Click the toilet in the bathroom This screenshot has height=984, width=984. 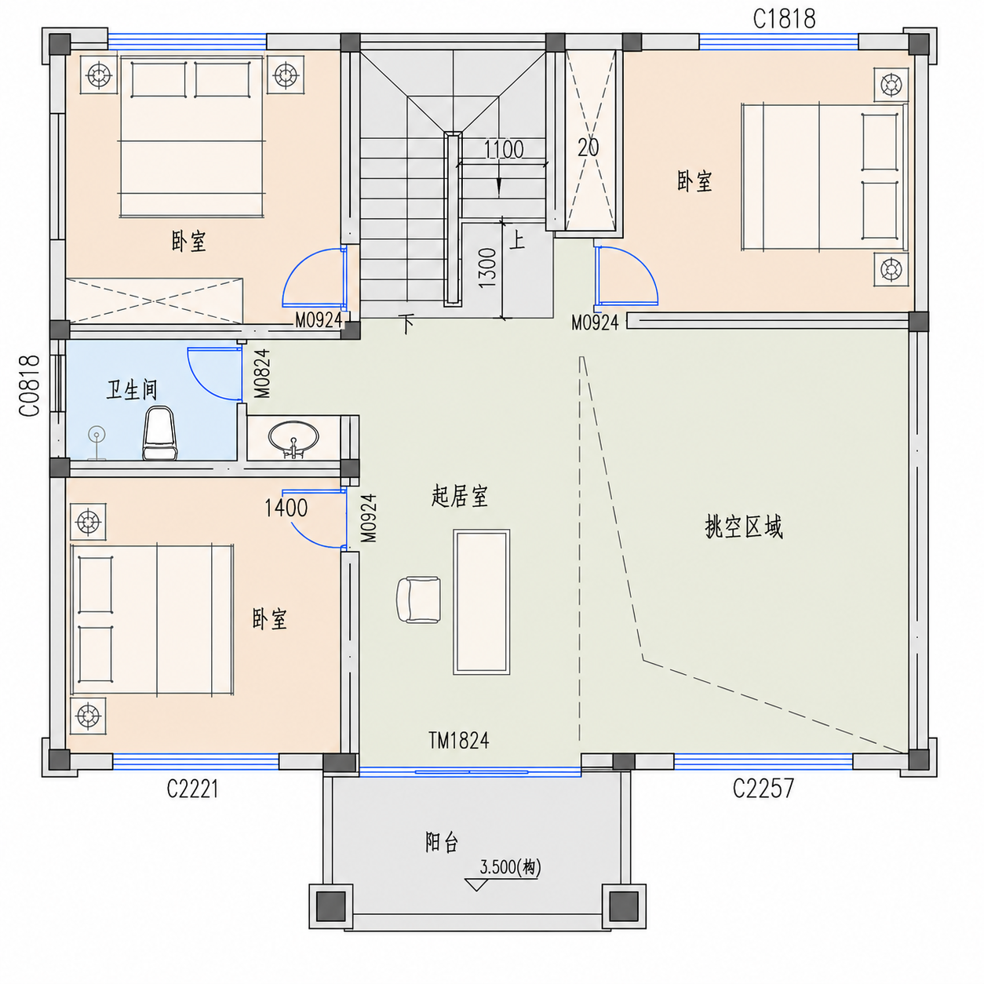(160, 432)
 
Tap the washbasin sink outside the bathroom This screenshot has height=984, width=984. (293, 439)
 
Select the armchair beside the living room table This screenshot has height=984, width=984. (418, 600)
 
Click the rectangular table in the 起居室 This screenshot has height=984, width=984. (481, 602)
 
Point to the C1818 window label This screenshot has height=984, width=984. (784, 20)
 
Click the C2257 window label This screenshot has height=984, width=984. (763, 788)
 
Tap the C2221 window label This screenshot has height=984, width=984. (192, 789)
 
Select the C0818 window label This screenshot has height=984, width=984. (30, 385)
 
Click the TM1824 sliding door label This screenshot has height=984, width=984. (458, 741)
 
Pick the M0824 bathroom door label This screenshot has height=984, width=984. (262, 373)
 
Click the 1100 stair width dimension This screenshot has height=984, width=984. (504, 150)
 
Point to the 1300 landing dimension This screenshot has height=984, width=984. (487, 268)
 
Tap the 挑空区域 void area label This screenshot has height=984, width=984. (743, 527)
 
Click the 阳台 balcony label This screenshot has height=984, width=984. (442, 842)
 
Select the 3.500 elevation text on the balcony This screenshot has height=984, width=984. (510, 867)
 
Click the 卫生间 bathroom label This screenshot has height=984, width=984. (132, 390)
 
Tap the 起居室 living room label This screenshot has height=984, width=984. (460, 496)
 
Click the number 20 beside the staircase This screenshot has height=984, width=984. (589, 148)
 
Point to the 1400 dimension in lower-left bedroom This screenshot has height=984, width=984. (286, 508)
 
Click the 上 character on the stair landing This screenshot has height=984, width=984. (517, 239)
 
